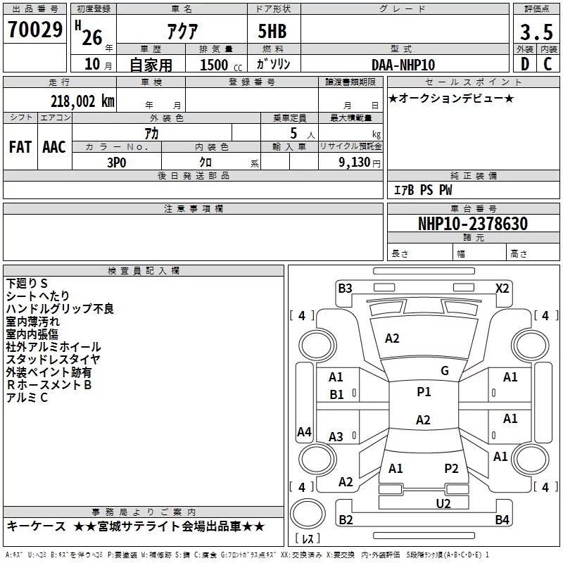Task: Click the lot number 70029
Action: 35,30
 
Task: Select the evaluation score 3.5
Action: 536,32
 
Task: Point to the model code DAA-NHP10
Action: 403,65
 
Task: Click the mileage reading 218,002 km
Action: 82,101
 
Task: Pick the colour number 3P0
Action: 117,162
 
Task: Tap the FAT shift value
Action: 20,146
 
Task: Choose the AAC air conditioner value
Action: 54,146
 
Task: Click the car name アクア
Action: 182,32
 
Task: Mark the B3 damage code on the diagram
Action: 345,288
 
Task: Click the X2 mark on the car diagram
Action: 502,288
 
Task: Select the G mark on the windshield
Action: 445,371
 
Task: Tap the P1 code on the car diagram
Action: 424,392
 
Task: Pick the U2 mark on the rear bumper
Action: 443,503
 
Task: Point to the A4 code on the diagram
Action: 304,432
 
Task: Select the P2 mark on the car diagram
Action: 451,468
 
